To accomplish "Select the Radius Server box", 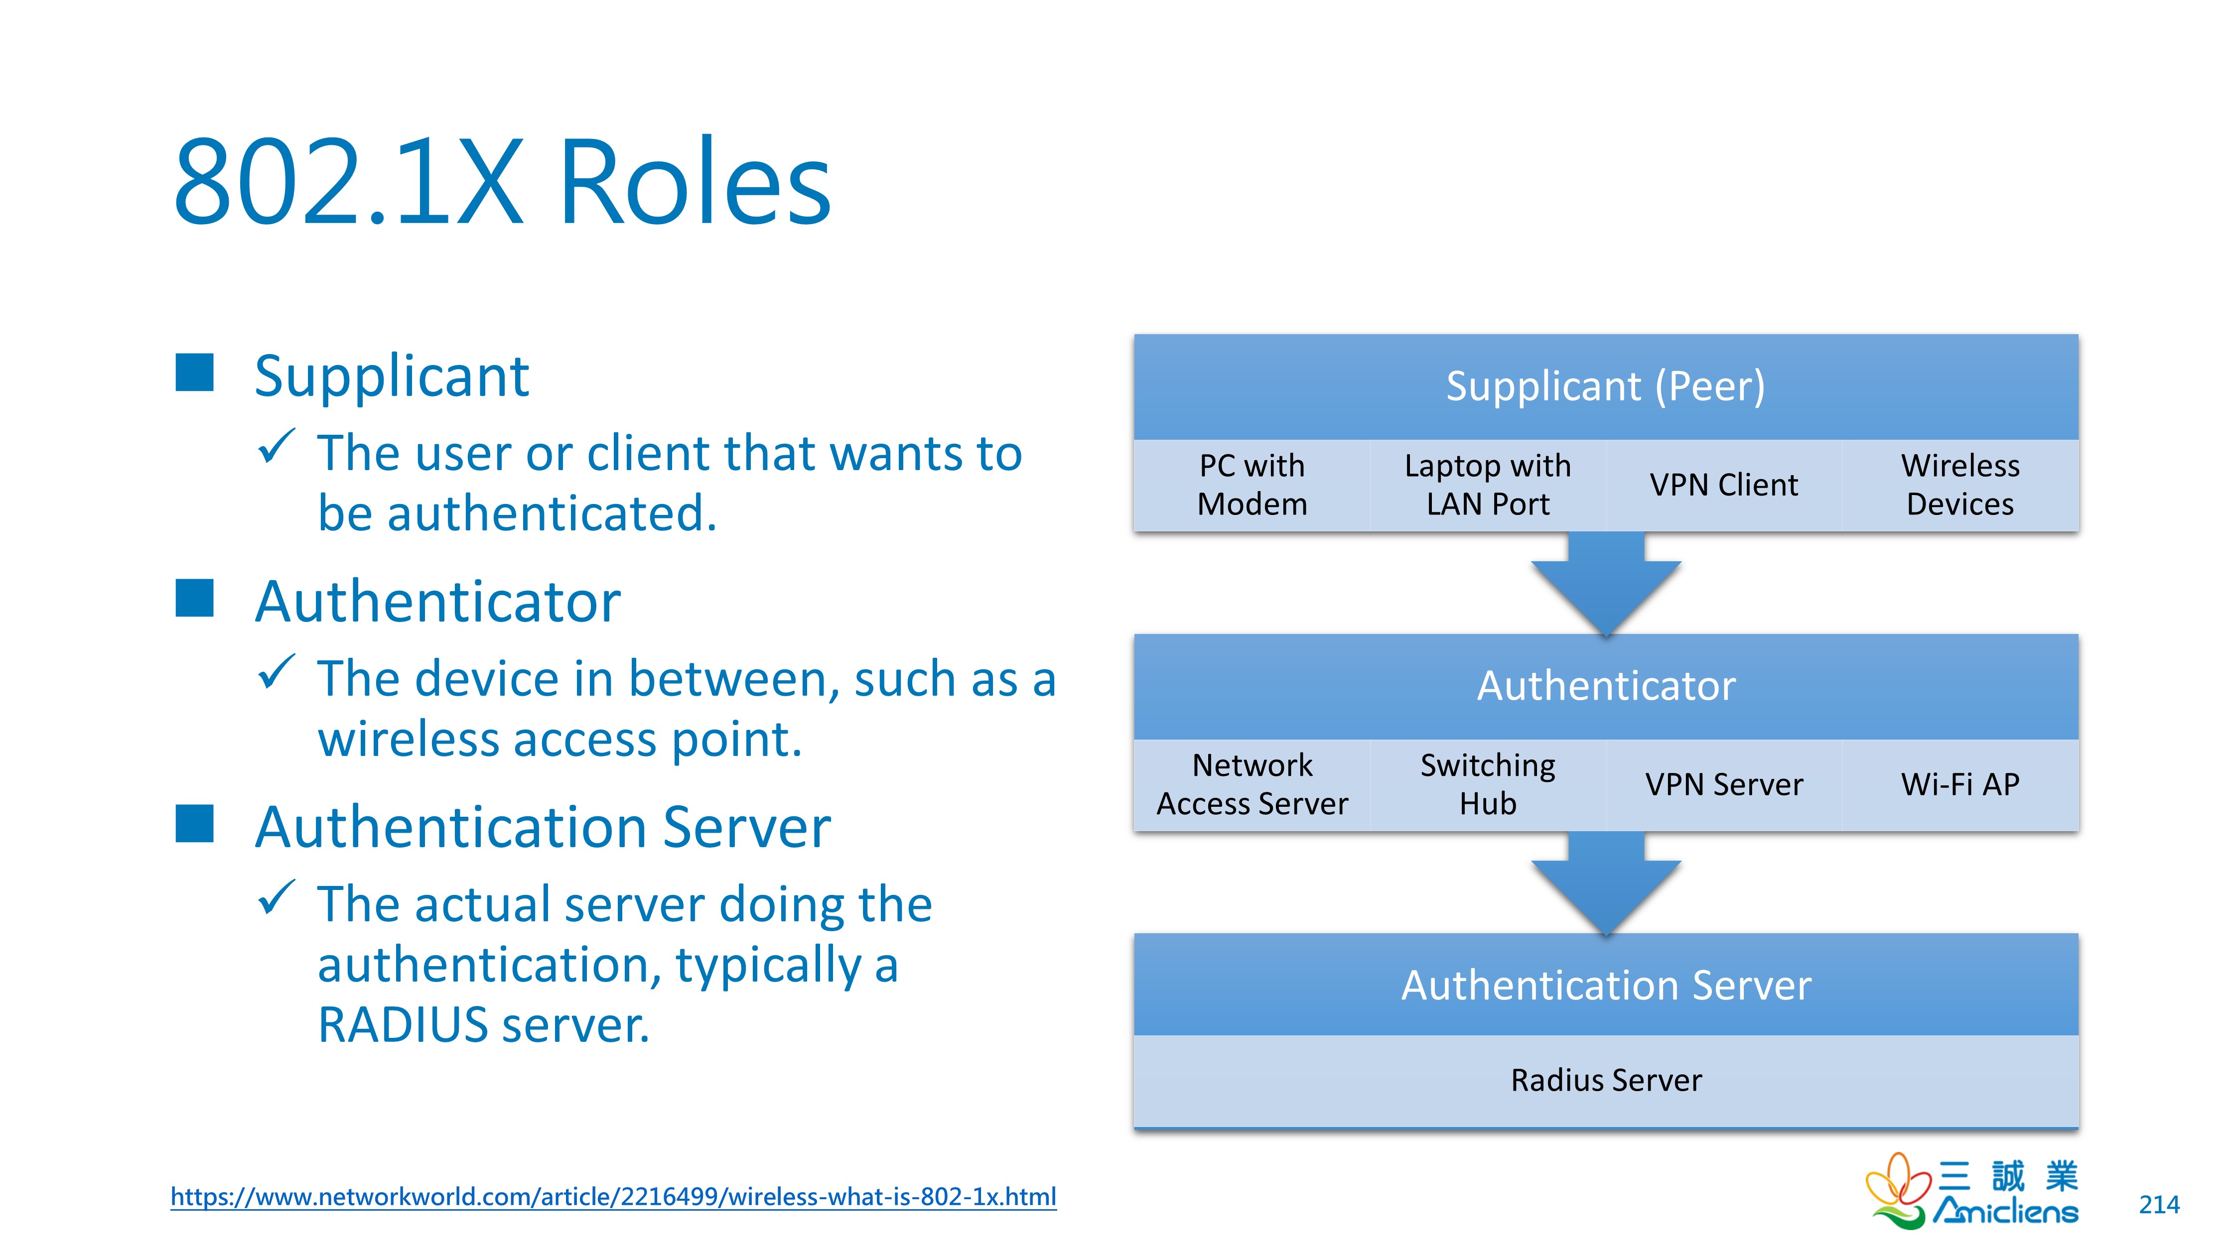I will click(x=1606, y=1080).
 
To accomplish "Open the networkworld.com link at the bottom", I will click(x=613, y=1196).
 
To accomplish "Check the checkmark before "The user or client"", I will click(x=277, y=448).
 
